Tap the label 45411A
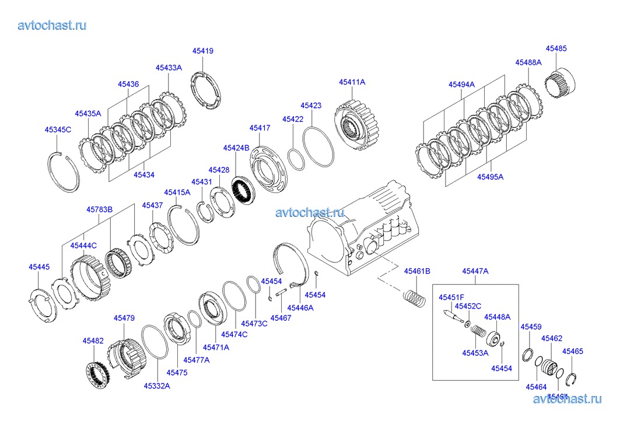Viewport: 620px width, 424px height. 352,82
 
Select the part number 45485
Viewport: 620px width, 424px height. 556,49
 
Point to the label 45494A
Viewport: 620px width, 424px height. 461,85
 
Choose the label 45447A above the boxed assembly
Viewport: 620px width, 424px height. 475,271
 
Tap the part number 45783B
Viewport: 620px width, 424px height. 99,209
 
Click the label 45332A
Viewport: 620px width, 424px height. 157,386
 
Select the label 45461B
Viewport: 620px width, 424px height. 417,271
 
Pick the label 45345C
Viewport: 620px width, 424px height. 58,129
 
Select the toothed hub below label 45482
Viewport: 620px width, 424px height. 96,374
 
